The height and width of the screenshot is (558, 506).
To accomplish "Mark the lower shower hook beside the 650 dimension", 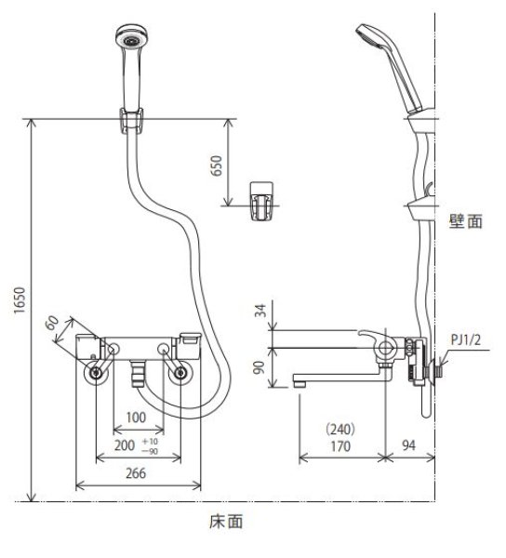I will tap(261, 200).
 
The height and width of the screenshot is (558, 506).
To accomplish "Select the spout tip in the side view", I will tap(300, 381).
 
